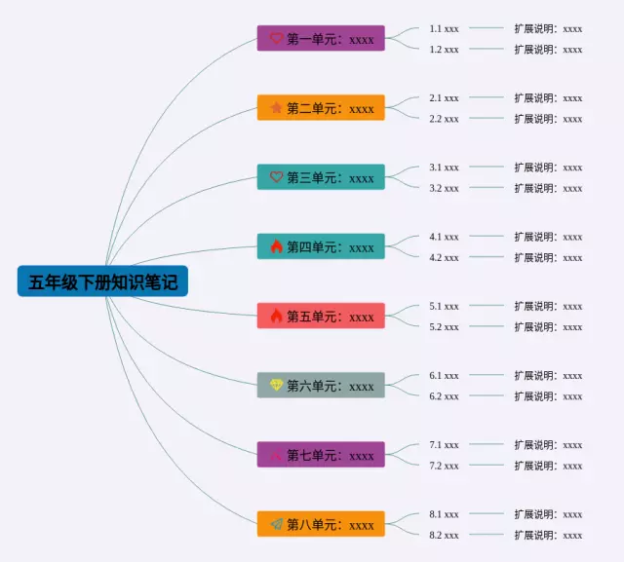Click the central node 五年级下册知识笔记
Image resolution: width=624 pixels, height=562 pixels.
102,282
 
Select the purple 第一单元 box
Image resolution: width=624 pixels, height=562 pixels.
321,38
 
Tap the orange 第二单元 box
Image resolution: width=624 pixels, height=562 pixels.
321,108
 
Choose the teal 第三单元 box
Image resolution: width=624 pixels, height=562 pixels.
321,177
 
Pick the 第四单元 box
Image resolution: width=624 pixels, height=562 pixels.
321,246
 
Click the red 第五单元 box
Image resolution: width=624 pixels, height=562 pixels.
321,316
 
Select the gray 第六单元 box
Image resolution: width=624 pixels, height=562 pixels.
321,386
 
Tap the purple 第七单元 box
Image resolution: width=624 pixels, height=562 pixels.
321,455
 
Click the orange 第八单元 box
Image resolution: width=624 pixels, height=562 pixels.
321,524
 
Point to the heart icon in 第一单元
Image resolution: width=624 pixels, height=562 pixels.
276,38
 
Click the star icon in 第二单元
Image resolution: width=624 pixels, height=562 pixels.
276,108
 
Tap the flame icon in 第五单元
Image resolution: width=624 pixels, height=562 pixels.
276,316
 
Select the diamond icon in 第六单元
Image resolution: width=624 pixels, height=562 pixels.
276,386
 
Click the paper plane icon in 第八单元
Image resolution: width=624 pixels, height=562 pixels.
276,524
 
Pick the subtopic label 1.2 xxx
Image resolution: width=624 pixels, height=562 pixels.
444,49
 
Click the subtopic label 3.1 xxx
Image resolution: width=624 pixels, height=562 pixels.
444,168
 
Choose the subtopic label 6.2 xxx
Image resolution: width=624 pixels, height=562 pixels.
444,396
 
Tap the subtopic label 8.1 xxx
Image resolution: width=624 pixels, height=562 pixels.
444,514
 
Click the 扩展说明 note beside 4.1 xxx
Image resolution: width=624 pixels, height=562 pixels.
548,237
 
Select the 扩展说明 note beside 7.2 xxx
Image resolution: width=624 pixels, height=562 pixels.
548,466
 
